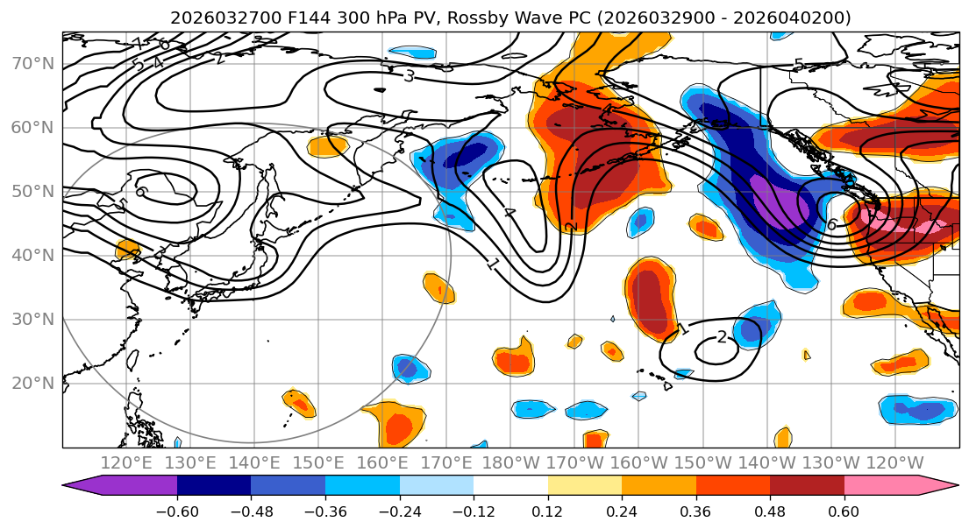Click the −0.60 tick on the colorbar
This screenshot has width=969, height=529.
click(177, 511)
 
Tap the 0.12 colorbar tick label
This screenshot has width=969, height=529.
click(547, 511)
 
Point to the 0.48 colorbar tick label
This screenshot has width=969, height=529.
click(769, 511)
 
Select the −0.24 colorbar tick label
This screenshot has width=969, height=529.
click(399, 511)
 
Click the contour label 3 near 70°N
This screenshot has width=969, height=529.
click(409, 76)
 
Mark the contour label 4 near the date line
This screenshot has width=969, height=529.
click(509, 213)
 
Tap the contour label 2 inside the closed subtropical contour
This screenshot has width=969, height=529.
click(722, 337)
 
